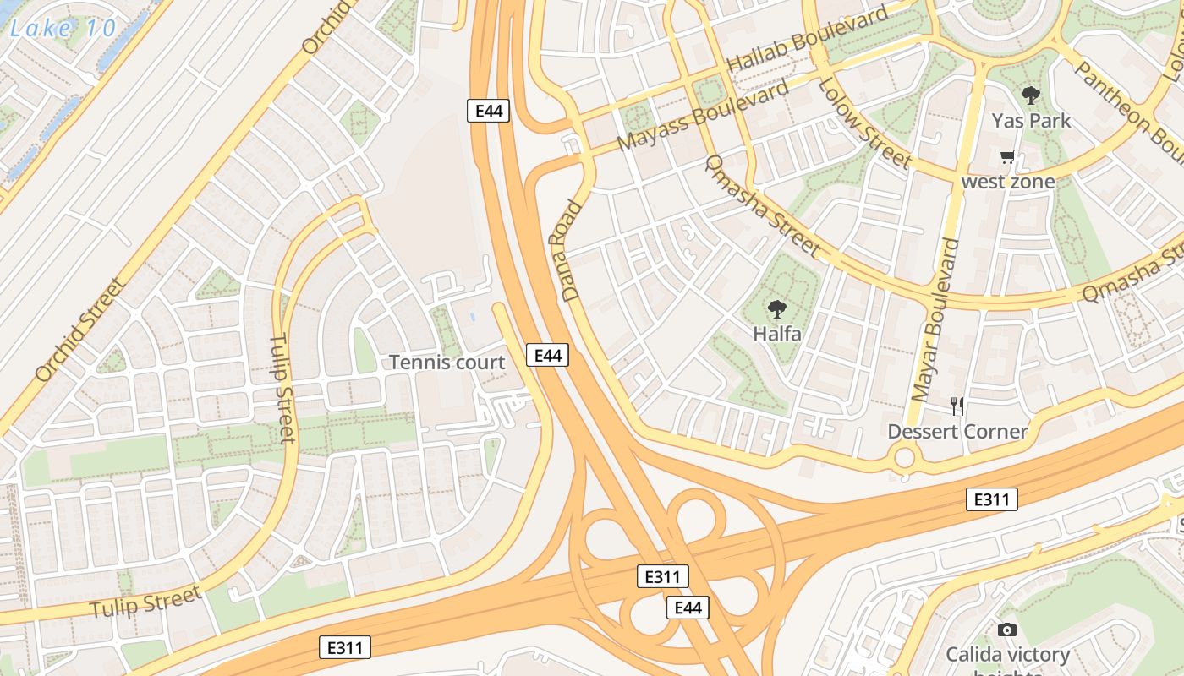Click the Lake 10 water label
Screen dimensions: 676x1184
(63, 27)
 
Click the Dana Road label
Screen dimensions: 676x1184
(573, 251)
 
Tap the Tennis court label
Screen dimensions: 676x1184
(447, 363)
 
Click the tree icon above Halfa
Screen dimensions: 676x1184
(776, 310)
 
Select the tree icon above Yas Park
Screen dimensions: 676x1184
(1030, 95)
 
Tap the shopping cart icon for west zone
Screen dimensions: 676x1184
(1007, 157)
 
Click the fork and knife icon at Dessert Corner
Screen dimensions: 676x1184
(957, 406)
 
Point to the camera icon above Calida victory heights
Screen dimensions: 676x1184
(1006, 630)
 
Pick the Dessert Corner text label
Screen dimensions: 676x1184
(957, 432)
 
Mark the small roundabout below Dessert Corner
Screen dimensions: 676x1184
(905, 459)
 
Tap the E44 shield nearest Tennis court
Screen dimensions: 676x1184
(547, 356)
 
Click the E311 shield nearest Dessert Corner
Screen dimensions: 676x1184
(991, 499)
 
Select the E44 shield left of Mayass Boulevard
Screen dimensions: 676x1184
(488, 110)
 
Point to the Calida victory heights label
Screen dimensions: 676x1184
(1006, 656)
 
